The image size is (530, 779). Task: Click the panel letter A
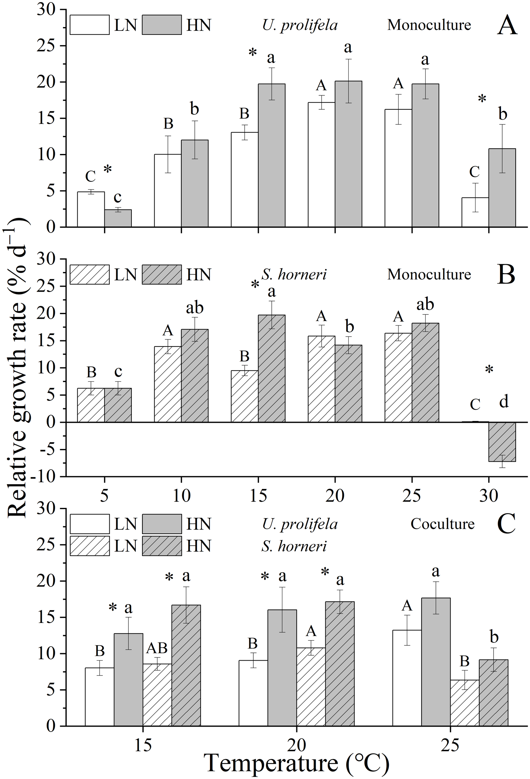pyautogui.click(x=507, y=26)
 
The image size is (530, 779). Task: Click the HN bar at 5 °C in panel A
pyautogui.click(x=118, y=218)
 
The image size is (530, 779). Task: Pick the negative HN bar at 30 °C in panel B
pyautogui.click(x=502, y=442)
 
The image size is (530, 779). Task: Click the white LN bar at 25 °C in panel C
pyautogui.click(x=407, y=678)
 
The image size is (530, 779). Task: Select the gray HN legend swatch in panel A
pyautogui.click(x=162, y=25)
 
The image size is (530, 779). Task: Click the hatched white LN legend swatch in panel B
pyautogui.click(x=89, y=275)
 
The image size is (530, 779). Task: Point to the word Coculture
pyautogui.click(x=442, y=524)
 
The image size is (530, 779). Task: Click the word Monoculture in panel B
pyautogui.click(x=429, y=275)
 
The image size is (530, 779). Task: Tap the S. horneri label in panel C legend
pyautogui.click(x=294, y=546)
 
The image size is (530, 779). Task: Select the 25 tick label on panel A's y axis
pyautogui.click(x=47, y=46)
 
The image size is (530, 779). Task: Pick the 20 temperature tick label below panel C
pyautogui.click(x=297, y=744)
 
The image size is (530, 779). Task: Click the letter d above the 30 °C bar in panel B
pyautogui.click(x=504, y=401)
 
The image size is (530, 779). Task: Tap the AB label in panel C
pyautogui.click(x=157, y=648)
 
